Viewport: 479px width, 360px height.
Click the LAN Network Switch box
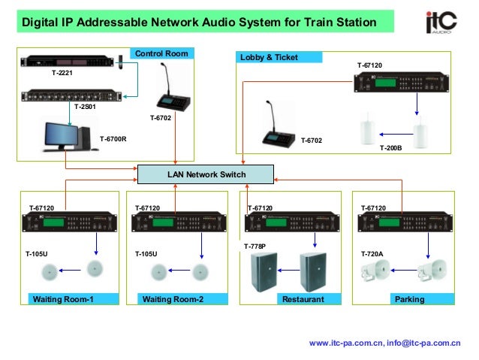[206, 175]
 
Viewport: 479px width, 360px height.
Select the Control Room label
[161, 53]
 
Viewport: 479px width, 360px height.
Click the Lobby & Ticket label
[269, 57]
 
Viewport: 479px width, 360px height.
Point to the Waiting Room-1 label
[63, 299]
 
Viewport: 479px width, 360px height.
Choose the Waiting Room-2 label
[173, 299]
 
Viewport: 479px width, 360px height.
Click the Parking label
[410, 299]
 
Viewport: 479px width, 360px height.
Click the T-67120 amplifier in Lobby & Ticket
[402, 82]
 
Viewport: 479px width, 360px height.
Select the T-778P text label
[255, 246]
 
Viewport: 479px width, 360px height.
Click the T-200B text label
[390, 148]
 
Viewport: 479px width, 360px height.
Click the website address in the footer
[346, 343]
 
